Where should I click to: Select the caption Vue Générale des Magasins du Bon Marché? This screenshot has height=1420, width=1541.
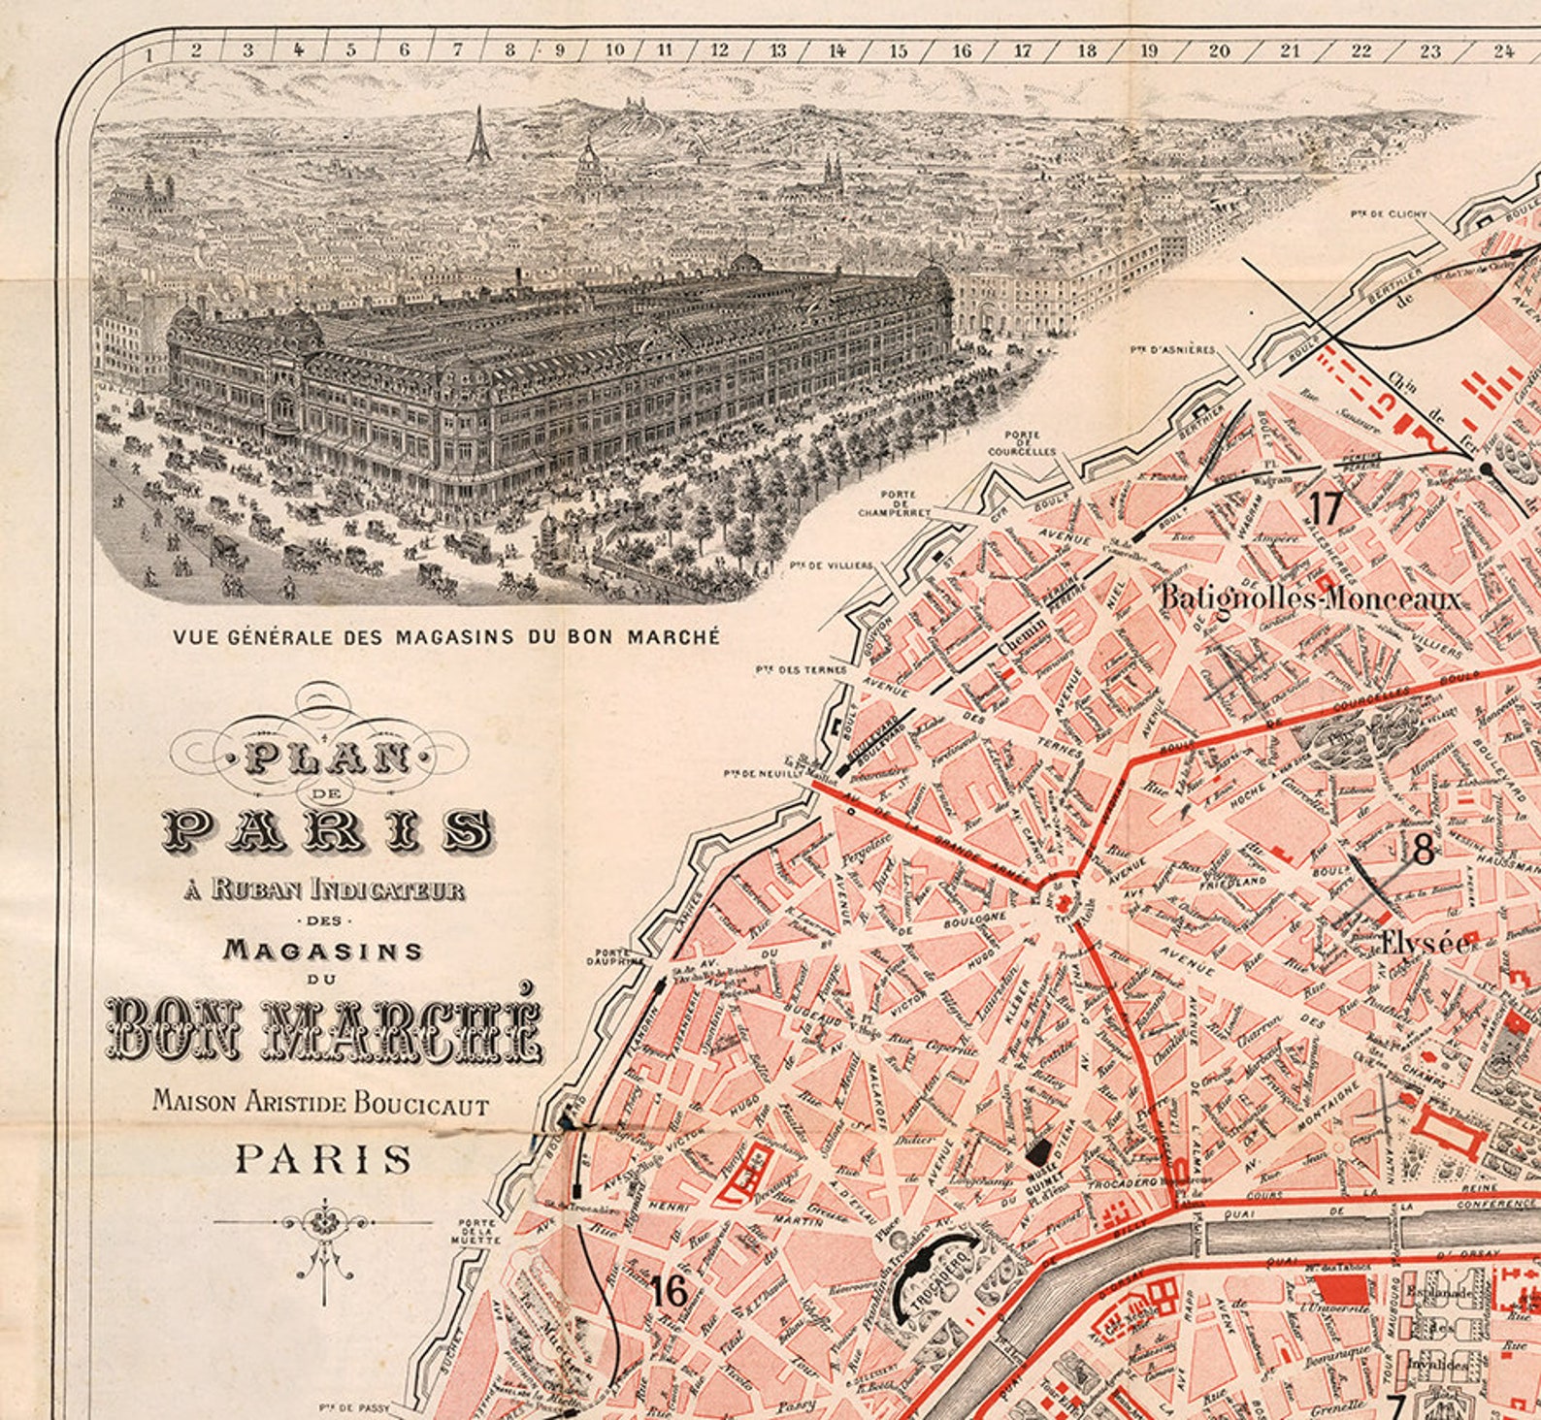pyautogui.click(x=446, y=637)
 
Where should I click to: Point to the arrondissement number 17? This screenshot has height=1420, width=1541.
pyautogui.click(x=1325, y=507)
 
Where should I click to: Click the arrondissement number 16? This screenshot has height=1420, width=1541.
pyautogui.click(x=670, y=1291)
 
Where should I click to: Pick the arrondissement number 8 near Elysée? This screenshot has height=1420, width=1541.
pyautogui.click(x=1423, y=851)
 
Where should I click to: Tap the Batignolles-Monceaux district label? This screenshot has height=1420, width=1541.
pyautogui.click(x=1310, y=597)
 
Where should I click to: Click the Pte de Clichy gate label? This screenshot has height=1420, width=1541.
pyautogui.click(x=1372, y=213)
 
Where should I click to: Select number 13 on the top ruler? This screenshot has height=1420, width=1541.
pyautogui.click(x=777, y=50)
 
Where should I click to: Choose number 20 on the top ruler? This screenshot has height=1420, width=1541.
pyautogui.click(x=1219, y=50)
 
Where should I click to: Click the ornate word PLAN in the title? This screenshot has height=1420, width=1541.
pyautogui.click(x=325, y=758)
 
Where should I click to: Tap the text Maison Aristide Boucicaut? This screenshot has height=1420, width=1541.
pyautogui.click(x=320, y=1102)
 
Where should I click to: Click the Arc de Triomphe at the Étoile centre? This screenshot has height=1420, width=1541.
pyautogui.click(x=1065, y=902)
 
